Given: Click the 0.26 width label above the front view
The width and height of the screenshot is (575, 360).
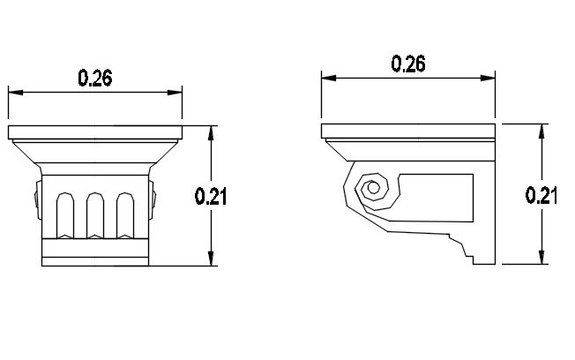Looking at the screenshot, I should coord(95,78).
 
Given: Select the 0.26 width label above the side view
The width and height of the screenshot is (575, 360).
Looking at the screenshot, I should coord(408,64).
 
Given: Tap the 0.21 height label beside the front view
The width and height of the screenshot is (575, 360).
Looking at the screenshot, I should coord(211,198).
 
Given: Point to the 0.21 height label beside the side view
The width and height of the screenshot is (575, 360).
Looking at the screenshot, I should coord(541,195).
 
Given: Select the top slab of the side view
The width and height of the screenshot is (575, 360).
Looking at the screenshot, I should coord(408,131).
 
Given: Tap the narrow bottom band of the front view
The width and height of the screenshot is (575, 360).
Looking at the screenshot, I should coord(95,260).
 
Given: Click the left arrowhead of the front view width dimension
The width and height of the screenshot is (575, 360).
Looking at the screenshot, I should coord(13,90).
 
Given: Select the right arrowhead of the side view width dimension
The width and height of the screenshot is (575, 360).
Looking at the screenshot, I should coord(489,77).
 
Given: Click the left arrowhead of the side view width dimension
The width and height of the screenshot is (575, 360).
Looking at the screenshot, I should coord(327,77).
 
